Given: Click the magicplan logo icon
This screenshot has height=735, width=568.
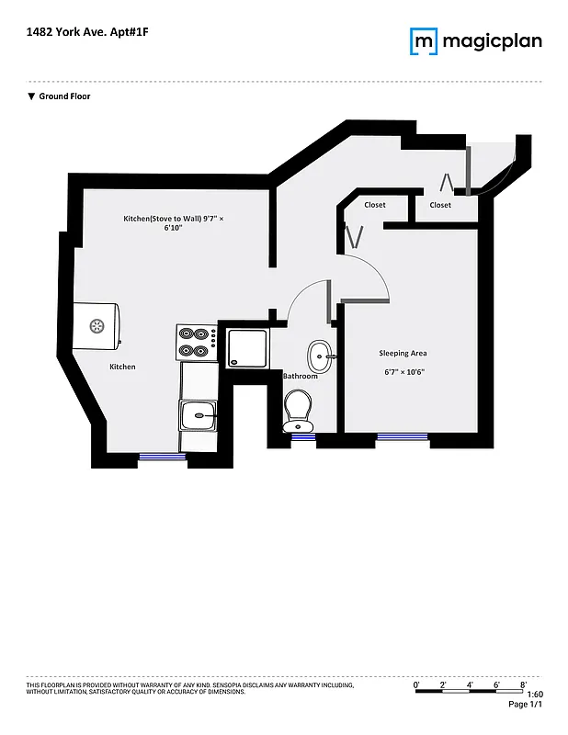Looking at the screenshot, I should [x=423, y=41].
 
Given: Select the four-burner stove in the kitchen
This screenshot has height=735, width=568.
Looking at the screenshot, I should [x=195, y=343].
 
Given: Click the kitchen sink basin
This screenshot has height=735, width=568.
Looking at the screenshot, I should [x=199, y=417].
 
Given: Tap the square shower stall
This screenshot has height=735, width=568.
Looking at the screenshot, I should [x=245, y=347].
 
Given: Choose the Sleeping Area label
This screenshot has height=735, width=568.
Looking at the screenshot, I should [x=403, y=353].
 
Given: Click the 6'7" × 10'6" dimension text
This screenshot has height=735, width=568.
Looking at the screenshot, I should [x=403, y=372].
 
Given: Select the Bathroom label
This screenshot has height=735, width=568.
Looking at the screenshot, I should [x=300, y=376].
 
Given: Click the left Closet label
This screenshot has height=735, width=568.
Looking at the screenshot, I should [x=374, y=205].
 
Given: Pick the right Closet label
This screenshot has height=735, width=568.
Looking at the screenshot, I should [x=440, y=205].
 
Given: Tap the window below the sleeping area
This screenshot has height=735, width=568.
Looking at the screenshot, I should [x=403, y=438].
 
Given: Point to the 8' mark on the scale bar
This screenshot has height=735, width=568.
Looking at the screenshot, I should [x=522, y=685].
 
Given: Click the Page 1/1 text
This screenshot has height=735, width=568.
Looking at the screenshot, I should [x=526, y=705].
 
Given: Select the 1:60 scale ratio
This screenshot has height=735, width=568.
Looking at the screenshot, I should [x=535, y=695].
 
